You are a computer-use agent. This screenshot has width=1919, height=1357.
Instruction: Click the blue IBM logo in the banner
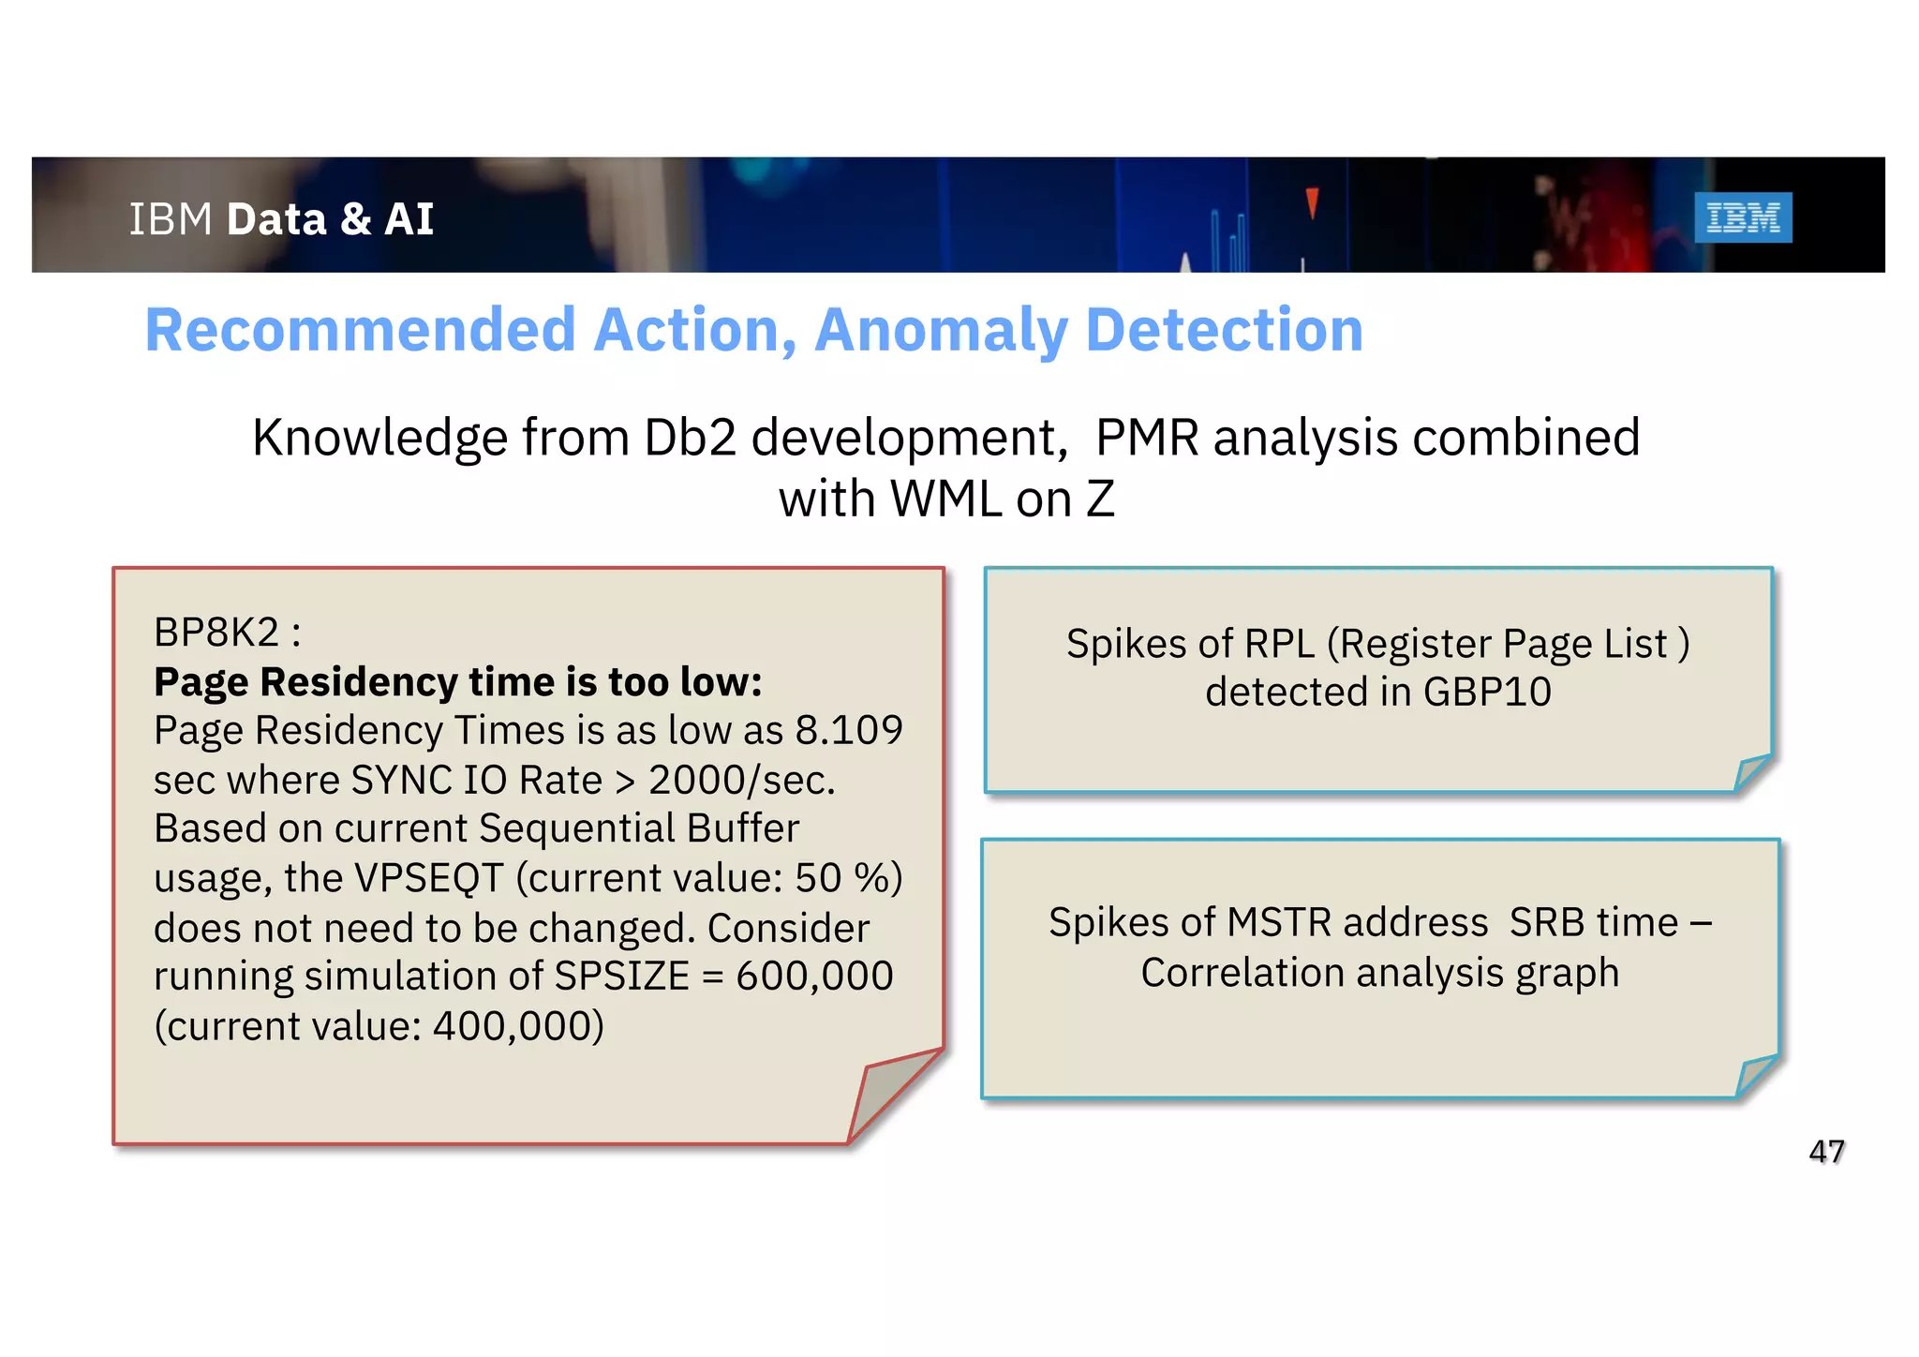pyautogui.click(x=1742, y=217)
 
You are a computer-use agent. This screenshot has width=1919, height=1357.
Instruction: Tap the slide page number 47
pyautogui.click(x=1826, y=1151)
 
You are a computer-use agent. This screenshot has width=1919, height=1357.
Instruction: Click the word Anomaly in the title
pyautogui.click(x=941, y=330)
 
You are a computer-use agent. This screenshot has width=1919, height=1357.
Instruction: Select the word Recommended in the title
pyautogui.click(x=360, y=330)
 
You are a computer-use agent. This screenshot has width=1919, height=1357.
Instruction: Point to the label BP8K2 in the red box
pyautogui.click(x=216, y=633)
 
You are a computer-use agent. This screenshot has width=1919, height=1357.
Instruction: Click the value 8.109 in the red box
pyautogui.click(x=849, y=730)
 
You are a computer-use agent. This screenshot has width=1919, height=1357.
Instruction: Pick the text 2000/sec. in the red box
pyautogui.click(x=741, y=780)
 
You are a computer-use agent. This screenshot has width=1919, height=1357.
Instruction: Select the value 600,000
pyautogui.click(x=814, y=976)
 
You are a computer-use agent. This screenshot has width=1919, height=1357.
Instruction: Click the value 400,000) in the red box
pyautogui.click(x=517, y=1025)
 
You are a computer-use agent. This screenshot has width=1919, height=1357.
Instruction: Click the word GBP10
pyautogui.click(x=1487, y=692)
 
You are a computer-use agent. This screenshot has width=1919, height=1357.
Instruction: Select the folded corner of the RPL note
pyautogui.click(x=1750, y=772)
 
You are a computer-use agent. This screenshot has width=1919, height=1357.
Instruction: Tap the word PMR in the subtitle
pyautogui.click(x=1146, y=438)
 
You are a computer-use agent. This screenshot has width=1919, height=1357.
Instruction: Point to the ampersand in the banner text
pyautogui.click(x=356, y=219)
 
